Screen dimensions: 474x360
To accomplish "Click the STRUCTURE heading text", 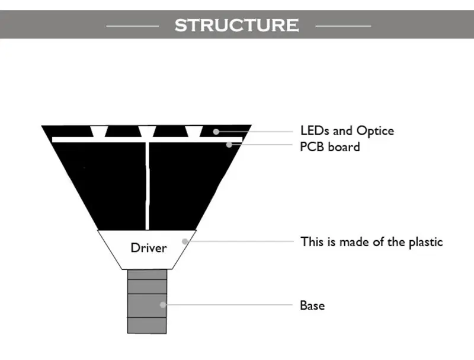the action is tap(236, 25).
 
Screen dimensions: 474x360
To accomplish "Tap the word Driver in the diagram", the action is tap(149, 248).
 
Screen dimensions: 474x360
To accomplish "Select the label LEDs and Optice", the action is tap(347, 131).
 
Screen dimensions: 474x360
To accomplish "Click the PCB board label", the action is tap(330, 146).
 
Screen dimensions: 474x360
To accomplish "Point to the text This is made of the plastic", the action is tap(371, 242).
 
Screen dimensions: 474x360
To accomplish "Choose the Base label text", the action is tap(312, 305).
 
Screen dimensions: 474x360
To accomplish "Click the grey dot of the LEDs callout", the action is tap(216, 132).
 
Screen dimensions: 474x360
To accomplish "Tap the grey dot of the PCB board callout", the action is tap(229, 145).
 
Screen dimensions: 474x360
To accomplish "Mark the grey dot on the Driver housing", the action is tap(185, 241).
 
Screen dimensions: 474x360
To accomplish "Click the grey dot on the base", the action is tap(162, 305).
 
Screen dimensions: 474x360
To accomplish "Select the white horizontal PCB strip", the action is tap(147, 139).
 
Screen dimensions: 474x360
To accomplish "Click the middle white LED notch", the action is tap(147, 132).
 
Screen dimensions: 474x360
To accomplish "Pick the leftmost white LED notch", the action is tap(99, 132).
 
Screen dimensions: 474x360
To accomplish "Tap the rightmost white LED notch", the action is tap(194, 132).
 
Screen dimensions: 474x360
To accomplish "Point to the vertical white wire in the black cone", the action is tap(147, 186).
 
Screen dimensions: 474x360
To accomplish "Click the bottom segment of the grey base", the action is tap(147, 326).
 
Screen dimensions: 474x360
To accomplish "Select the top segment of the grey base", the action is tap(147, 275).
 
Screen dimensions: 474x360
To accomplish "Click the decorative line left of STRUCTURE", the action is tap(133, 26).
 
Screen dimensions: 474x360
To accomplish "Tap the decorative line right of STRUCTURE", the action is tap(343, 26).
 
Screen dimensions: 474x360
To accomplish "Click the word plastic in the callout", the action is tap(426, 243).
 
